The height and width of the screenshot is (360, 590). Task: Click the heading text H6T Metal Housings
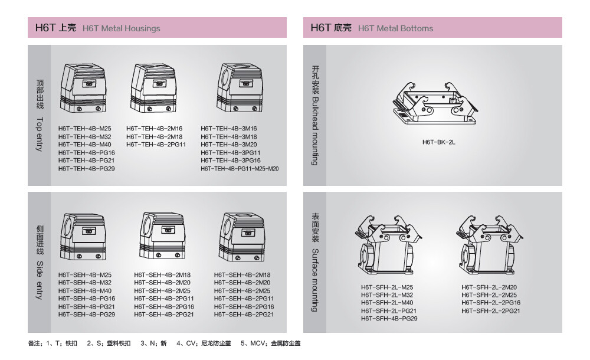pyautogui.click(x=121, y=28)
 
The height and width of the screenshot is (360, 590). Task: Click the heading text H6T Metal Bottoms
pyautogui.click(x=395, y=28)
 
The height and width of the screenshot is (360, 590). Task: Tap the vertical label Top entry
pyautogui.click(x=40, y=134)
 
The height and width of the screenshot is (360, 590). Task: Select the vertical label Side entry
pyautogui.click(x=40, y=280)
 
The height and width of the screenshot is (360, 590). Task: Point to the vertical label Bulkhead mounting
pyautogui.click(x=315, y=132)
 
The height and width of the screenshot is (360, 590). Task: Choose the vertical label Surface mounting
pyautogui.click(x=315, y=280)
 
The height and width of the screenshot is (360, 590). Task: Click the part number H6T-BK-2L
pyautogui.click(x=439, y=142)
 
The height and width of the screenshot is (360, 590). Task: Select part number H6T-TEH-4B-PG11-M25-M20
pyautogui.click(x=240, y=169)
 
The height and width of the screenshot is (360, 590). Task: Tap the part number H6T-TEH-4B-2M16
pyautogui.click(x=154, y=129)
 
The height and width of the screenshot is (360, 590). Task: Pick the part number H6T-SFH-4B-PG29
pyautogui.click(x=389, y=319)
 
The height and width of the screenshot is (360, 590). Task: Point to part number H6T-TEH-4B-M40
pyautogui.click(x=84, y=144)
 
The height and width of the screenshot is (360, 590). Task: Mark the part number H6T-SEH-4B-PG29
pyautogui.click(x=87, y=315)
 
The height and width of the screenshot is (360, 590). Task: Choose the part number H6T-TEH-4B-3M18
pyautogui.click(x=229, y=137)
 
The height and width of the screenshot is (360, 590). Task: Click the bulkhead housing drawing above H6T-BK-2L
pyautogui.click(x=435, y=103)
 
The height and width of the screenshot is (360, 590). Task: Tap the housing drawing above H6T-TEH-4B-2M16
pyautogui.click(x=153, y=88)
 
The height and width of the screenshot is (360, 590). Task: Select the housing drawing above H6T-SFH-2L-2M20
pyautogui.click(x=490, y=246)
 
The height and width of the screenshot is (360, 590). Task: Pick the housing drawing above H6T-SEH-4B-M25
pyautogui.click(x=83, y=237)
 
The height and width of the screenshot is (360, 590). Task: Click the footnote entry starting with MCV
pyautogui.click(x=271, y=343)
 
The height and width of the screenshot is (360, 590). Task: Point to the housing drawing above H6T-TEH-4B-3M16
pyautogui.click(x=240, y=88)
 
